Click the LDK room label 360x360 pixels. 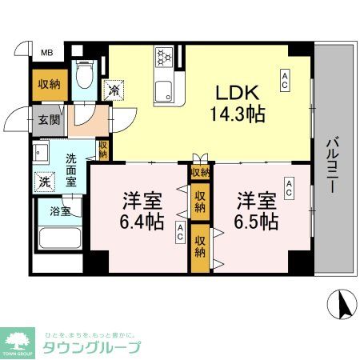[x=233, y=92]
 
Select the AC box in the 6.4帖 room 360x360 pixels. [x=181, y=233]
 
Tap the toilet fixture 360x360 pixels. [x=85, y=77]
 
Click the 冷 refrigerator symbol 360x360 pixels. [x=116, y=90]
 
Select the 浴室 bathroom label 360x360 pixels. [x=61, y=212]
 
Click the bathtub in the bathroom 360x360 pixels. [x=61, y=243]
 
